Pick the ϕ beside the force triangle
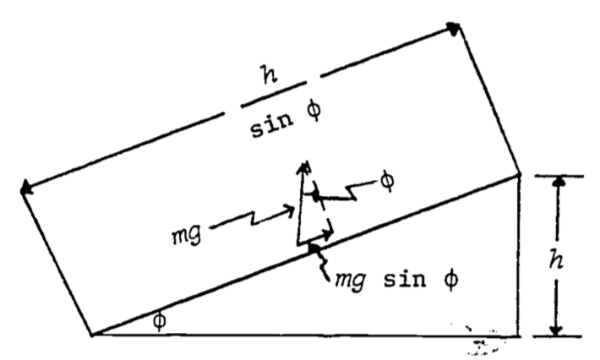[387, 182]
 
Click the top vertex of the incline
[518, 174]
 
